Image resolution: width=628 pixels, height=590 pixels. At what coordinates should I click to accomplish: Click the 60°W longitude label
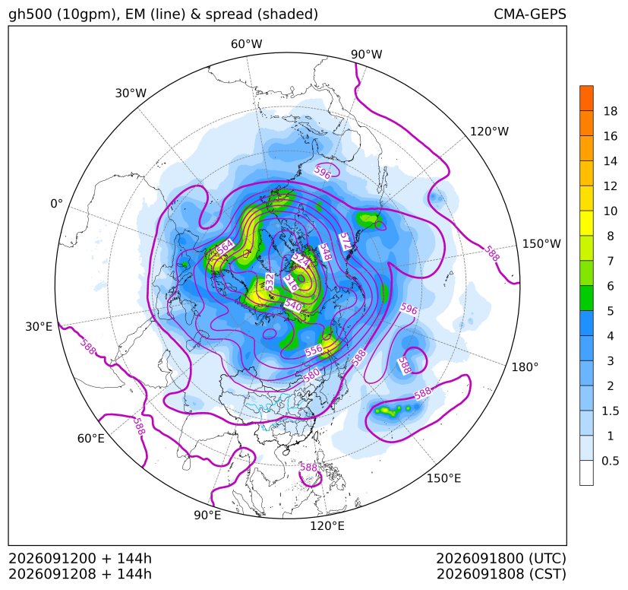246,44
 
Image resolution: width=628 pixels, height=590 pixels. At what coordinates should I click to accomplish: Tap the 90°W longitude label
367,55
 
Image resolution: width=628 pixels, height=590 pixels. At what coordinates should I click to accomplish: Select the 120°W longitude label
489,132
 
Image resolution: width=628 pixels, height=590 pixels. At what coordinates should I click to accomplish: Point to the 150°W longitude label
541,244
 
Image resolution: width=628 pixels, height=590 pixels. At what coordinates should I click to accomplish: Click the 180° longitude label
525,367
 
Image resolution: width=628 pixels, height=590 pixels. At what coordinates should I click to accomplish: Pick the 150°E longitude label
443,478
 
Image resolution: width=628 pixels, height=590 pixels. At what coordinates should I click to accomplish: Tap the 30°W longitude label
131,94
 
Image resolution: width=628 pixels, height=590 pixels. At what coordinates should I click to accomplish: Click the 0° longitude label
56,204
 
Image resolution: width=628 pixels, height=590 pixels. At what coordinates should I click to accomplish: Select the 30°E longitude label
39,327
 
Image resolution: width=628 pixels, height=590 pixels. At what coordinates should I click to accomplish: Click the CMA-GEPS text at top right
530,14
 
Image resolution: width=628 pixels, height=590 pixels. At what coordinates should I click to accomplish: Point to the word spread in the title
228,14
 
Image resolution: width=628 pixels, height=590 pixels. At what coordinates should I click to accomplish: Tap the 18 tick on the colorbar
611,111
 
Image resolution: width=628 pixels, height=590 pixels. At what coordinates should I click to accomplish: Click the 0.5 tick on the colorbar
610,461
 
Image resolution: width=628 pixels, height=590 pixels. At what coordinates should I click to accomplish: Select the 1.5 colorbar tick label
610,411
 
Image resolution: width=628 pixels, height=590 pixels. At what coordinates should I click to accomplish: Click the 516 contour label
291,283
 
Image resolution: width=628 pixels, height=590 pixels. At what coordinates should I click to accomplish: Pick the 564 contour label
225,247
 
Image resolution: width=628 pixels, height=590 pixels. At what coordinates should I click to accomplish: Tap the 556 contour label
314,351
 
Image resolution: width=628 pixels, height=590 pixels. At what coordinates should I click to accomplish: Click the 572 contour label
346,241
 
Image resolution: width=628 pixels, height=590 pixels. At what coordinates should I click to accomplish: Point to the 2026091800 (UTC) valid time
500,559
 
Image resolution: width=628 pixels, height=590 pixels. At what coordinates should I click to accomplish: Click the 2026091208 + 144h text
80,574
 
